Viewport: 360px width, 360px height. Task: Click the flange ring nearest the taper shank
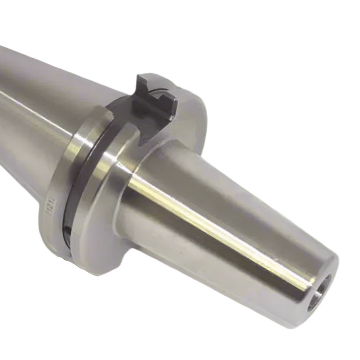pos(57,190)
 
